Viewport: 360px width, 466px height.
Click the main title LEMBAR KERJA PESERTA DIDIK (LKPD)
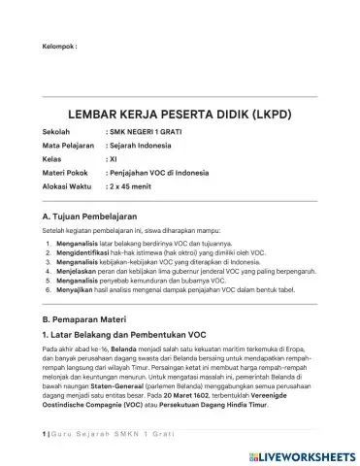(x=180, y=114)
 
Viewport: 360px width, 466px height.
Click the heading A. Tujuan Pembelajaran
(x=93, y=215)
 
